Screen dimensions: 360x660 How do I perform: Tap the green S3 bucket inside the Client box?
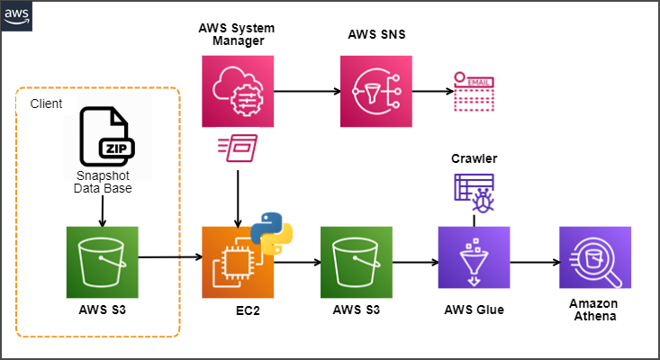click(x=103, y=262)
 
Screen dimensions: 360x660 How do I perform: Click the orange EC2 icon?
click(x=238, y=262)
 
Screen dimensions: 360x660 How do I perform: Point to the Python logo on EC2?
click(x=271, y=231)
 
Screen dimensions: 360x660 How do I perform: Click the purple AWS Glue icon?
click(x=474, y=262)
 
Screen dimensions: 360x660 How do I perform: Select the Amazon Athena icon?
click(x=594, y=262)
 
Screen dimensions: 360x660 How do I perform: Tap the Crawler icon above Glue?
click(x=474, y=192)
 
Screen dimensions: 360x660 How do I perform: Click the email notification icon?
click(x=474, y=91)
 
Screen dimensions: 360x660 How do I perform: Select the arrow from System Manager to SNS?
click(x=306, y=91)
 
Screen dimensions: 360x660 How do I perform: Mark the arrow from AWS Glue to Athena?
click(x=533, y=263)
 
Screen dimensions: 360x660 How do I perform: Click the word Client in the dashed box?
click(x=46, y=104)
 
